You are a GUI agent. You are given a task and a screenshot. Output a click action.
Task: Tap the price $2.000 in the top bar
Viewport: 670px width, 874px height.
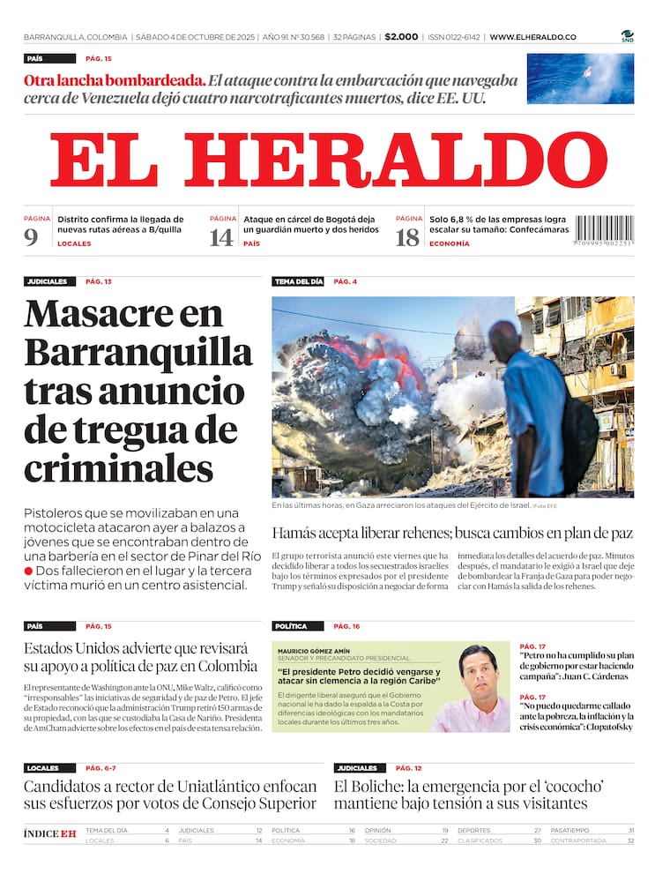pyautogui.click(x=401, y=37)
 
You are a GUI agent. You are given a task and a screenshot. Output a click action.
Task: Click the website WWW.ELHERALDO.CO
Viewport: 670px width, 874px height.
pyautogui.click(x=532, y=37)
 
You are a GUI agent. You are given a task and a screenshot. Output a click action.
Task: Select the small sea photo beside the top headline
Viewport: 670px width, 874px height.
pyautogui.click(x=579, y=78)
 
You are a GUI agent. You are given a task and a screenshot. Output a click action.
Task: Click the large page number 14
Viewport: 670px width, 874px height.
pyautogui.click(x=220, y=237)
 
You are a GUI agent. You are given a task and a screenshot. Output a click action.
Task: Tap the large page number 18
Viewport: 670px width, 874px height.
pyautogui.click(x=407, y=237)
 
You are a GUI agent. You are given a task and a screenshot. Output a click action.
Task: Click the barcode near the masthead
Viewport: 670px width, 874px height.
pyautogui.click(x=604, y=231)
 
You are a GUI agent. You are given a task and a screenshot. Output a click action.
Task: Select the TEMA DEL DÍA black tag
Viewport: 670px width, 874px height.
pyautogui.click(x=298, y=281)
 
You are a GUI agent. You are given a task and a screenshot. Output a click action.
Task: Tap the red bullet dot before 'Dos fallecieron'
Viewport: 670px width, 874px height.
pyautogui.click(x=29, y=571)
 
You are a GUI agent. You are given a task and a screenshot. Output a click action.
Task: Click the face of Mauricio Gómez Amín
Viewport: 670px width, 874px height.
pyautogui.click(x=477, y=673)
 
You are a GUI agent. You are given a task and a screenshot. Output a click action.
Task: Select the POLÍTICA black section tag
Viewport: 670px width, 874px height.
pyautogui.click(x=290, y=626)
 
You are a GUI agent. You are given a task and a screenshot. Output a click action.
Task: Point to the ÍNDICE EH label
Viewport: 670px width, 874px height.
pyautogui.click(x=49, y=833)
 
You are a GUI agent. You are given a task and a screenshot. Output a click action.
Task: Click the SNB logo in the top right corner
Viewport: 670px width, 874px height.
pyautogui.click(x=627, y=35)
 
